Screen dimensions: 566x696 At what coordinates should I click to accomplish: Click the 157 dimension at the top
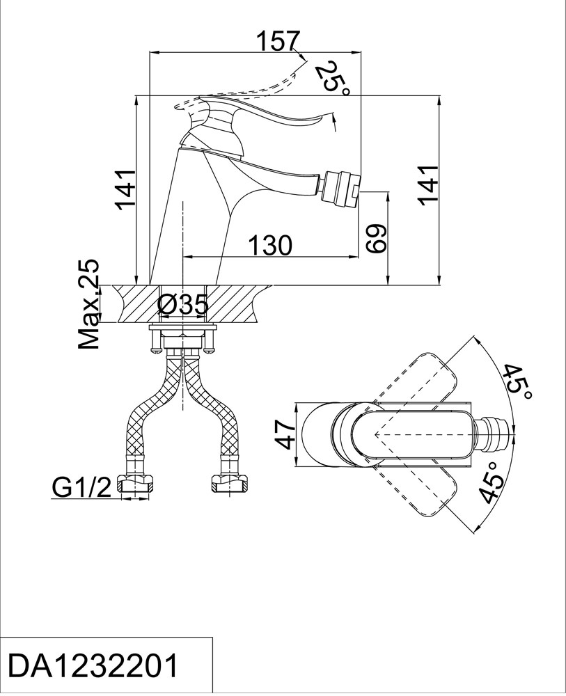click(278, 41)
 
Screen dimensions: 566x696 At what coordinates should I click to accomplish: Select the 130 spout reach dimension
click(270, 245)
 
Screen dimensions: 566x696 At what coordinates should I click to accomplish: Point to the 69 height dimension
click(377, 238)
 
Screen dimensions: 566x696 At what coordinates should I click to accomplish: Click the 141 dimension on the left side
click(125, 188)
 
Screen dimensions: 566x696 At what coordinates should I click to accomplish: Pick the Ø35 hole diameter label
click(183, 305)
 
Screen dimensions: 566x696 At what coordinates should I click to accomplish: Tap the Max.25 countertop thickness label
click(89, 304)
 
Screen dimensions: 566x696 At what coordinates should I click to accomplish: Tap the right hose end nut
click(229, 484)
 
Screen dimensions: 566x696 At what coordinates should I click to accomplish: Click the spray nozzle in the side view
click(340, 189)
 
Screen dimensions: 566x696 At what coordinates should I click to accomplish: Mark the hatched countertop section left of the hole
click(138, 303)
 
